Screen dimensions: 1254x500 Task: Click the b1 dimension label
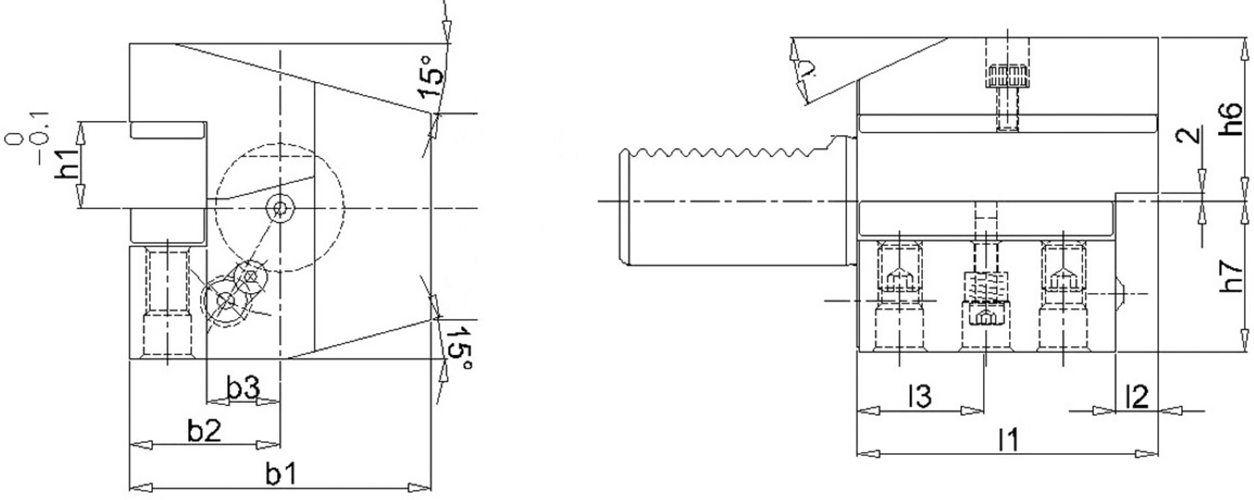tap(281, 475)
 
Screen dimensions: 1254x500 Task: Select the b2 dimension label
tap(205, 431)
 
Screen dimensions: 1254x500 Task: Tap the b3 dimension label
tap(243, 389)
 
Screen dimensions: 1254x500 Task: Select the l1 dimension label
tap(1009, 441)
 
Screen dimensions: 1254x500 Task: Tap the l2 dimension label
tap(1137, 396)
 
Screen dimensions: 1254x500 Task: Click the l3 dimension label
tap(920, 396)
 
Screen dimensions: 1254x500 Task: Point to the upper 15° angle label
tap(434, 76)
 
